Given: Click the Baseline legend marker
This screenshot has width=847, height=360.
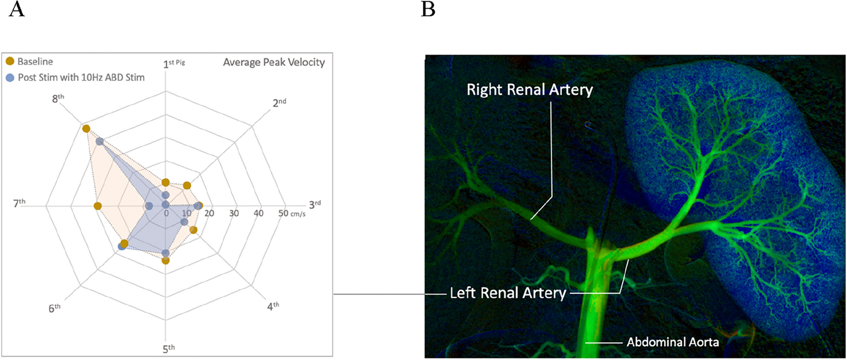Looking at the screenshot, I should tap(10, 62).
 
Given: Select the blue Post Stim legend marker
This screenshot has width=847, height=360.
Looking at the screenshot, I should tap(10, 77).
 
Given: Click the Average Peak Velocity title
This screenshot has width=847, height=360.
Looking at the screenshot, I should tap(274, 62).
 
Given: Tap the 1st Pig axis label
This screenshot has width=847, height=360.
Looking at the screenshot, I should tap(174, 63).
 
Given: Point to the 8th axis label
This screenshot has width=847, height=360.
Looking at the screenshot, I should tap(58, 99).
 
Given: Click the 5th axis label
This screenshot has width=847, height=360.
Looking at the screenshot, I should tap(168, 348).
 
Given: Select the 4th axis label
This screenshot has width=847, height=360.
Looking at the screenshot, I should tap(273, 306).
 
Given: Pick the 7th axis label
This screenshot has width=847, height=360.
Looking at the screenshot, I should tap(19, 203).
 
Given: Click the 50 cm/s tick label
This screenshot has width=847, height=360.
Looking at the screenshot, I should tap(291, 213).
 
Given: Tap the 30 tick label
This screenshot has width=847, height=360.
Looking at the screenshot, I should tap(234, 213).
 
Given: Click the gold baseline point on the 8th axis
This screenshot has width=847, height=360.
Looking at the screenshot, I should tap(86, 128).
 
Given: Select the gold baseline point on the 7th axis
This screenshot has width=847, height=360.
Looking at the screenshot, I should tap(98, 206).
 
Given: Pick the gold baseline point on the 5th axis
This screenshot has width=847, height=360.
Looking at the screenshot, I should tap(165, 261).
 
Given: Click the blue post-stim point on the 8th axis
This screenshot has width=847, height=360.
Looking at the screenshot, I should tap(100, 141).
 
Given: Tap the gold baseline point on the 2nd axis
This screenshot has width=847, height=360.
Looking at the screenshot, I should tap(187, 186).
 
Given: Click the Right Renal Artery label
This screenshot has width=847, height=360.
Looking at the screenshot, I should tap(529, 90).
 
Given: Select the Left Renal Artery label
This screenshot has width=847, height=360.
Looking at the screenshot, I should tap(508, 293).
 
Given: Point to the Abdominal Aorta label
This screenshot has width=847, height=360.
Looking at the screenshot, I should tap(673, 342).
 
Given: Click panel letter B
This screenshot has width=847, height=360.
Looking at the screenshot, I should tap(428, 10).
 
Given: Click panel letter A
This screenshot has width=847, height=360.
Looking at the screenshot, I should tap(17, 10).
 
